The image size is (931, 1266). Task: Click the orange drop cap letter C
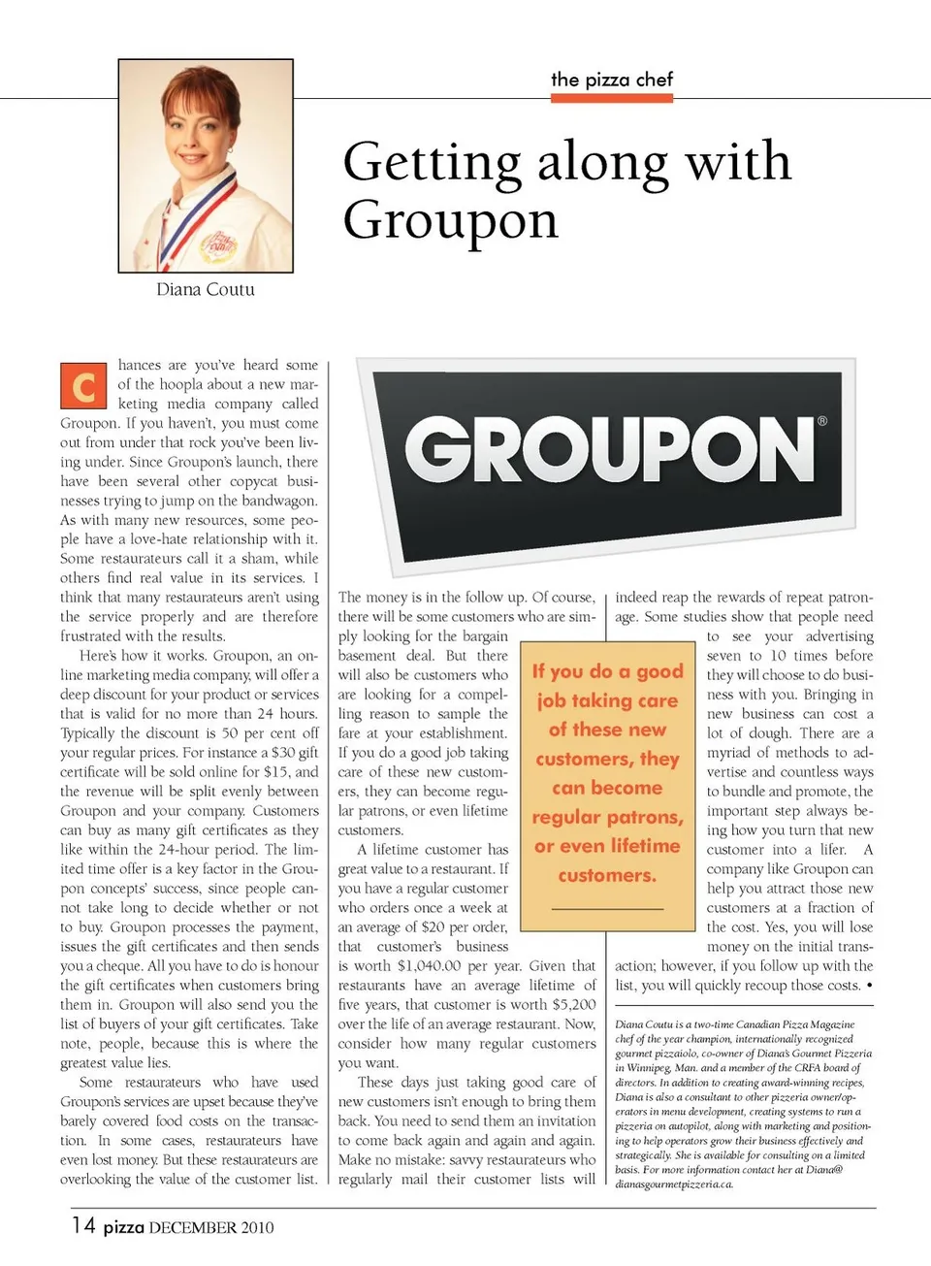[x=83, y=387]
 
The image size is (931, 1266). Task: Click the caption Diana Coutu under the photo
[x=206, y=289]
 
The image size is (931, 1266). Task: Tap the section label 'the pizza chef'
[x=612, y=80]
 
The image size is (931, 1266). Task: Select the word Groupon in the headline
[x=451, y=220]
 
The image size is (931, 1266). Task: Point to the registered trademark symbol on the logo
[x=822, y=421]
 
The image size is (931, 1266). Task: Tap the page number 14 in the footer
[x=83, y=1225]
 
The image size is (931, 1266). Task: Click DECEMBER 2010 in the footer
[x=211, y=1227]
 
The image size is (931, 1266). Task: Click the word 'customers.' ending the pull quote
[x=607, y=875]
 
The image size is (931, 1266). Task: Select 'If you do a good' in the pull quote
[x=608, y=671]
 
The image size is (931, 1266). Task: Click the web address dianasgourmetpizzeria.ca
[x=674, y=1184]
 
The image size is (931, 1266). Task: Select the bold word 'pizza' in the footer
[x=123, y=1227]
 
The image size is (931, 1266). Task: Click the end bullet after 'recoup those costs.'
[x=869, y=986]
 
